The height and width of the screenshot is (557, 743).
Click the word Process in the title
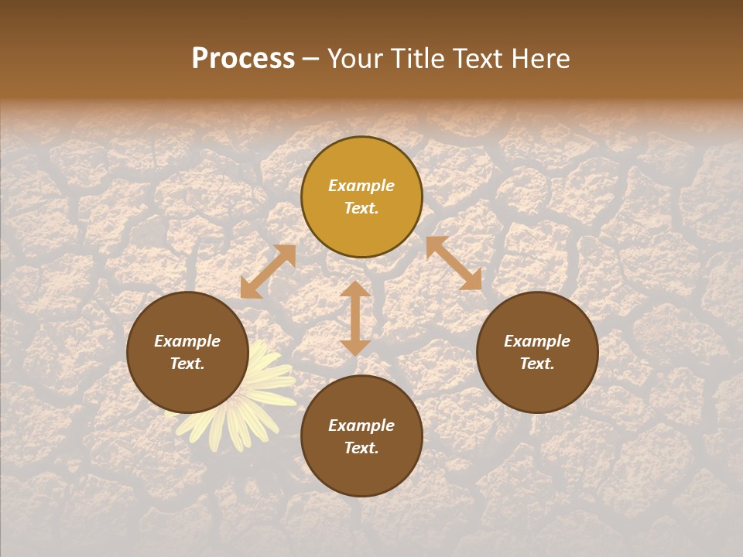pyautogui.click(x=243, y=59)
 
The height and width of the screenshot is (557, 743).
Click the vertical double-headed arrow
pyautogui.click(x=355, y=318)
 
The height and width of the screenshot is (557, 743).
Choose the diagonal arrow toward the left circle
pyautogui.click(x=268, y=272)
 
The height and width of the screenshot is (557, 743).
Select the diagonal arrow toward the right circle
pyautogui.click(x=454, y=263)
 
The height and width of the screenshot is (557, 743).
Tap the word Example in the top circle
pyautogui.click(x=361, y=186)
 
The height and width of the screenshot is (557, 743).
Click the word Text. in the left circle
pyautogui.click(x=187, y=364)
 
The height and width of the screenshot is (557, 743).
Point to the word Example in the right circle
pyautogui.click(x=537, y=341)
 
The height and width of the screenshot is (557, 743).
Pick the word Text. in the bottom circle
pyautogui.click(x=361, y=448)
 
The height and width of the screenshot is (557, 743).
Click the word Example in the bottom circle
pyautogui.click(x=361, y=425)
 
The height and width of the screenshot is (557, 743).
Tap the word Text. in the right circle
pyautogui.click(x=537, y=364)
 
